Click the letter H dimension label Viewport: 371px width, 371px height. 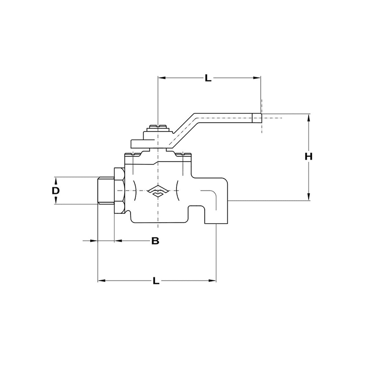click(308, 157)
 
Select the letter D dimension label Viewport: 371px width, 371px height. click(56, 190)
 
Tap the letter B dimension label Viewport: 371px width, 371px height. click(155, 241)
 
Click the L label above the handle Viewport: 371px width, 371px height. click(208, 78)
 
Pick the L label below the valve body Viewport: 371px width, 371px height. click(156, 281)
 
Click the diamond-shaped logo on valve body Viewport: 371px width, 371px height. click(158, 191)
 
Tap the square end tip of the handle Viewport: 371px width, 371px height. click(257, 118)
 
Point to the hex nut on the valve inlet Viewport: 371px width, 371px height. click(119, 191)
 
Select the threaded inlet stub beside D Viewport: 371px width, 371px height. click(106, 190)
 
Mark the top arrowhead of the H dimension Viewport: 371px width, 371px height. click(308, 118)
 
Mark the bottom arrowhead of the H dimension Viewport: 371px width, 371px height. click(308, 197)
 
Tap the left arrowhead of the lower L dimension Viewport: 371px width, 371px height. click(102, 281)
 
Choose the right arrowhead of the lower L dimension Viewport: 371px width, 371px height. click(212, 281)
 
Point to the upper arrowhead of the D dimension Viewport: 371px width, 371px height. click(56, 180)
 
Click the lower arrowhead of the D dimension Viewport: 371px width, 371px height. click(56, 201)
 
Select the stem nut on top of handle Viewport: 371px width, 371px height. click(158, 128)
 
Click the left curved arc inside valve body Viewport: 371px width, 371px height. click(135, 191)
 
